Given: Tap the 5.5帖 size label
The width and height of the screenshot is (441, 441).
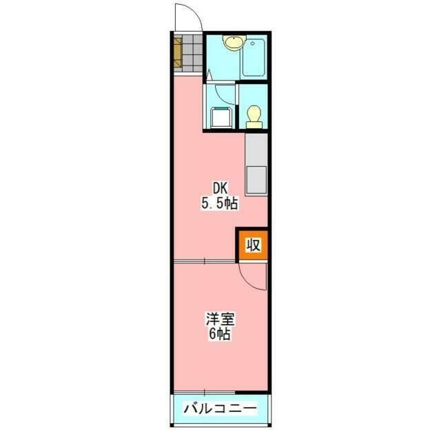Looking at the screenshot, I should tap(219, 203).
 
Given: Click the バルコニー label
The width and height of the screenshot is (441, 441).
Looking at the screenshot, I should tap(220, 409).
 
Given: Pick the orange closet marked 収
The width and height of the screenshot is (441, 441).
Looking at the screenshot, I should tap(253, 245).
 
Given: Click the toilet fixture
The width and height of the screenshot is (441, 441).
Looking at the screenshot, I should tap(254, 115).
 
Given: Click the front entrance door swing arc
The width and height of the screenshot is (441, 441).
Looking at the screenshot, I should tap(186, 17).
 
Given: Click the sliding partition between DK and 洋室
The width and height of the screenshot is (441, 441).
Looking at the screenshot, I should tap(207, 262).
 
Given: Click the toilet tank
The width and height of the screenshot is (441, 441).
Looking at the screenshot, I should tap(254, 124).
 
